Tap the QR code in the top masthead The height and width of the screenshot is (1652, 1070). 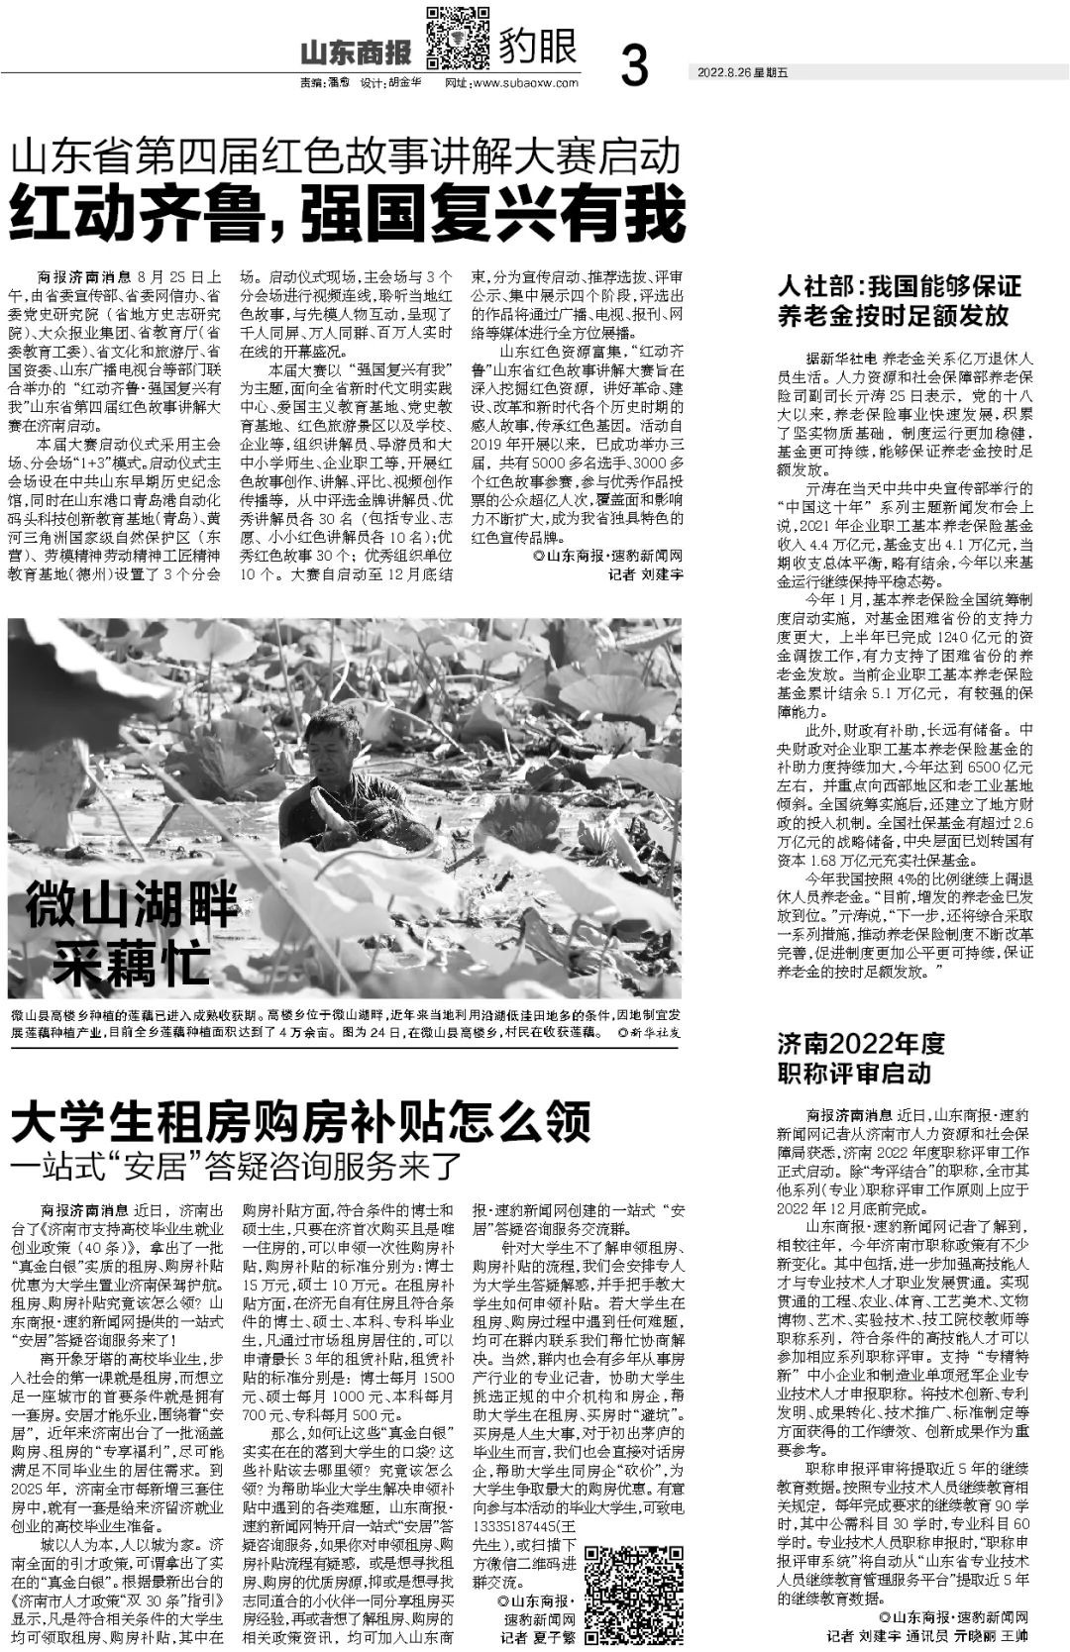(457, 38)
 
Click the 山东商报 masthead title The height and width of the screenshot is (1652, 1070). (360, 52)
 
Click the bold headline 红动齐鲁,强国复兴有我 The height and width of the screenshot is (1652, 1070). (348, 212)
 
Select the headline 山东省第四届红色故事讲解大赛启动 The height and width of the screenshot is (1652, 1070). (346, 156)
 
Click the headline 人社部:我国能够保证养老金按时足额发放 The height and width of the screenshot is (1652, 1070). (899, 301)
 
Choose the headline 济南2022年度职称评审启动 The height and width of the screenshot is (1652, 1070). (861, 1057)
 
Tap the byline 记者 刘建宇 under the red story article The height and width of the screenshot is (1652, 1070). (645, 574)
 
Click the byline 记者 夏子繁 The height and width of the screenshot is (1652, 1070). (537, 1637)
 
